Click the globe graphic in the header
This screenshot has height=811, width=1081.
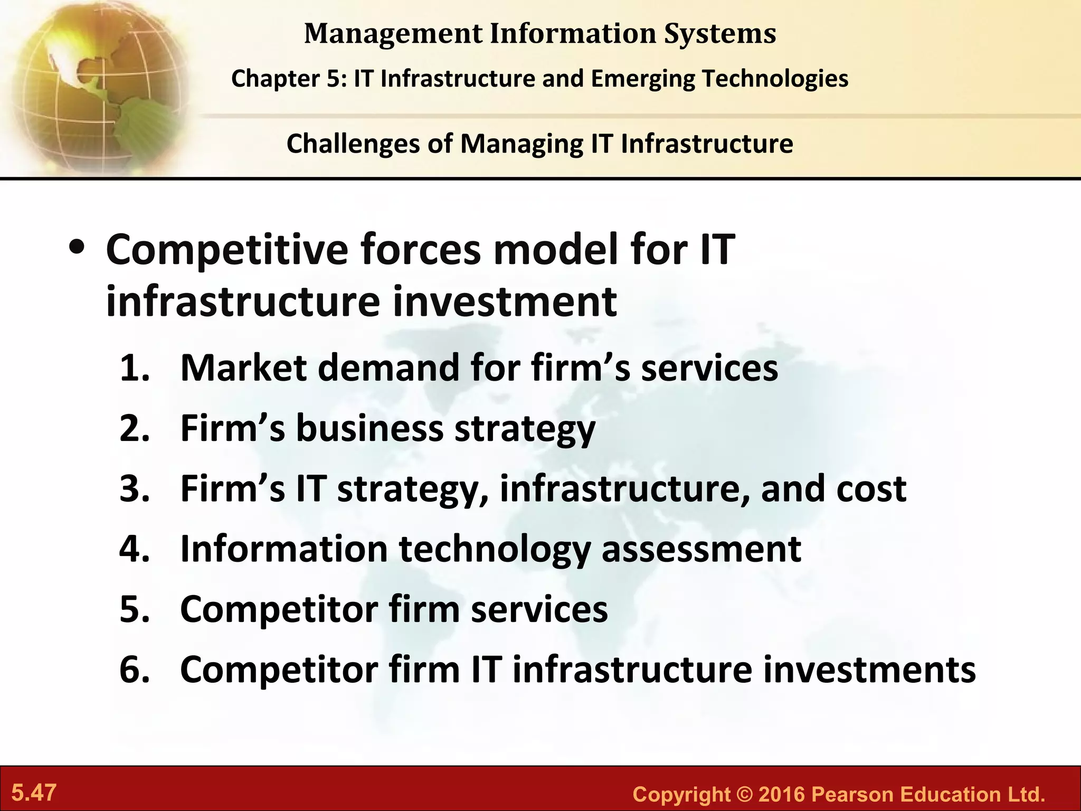click(95, 84)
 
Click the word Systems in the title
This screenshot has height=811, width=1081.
click(720, 34)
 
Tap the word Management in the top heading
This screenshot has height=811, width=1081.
click(393, 34)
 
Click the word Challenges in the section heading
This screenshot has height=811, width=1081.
click(353, 144)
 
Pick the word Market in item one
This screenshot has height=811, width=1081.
click(243, 368)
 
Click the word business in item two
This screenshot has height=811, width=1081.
click(369, 428)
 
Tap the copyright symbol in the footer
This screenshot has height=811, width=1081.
click(744, 794)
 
